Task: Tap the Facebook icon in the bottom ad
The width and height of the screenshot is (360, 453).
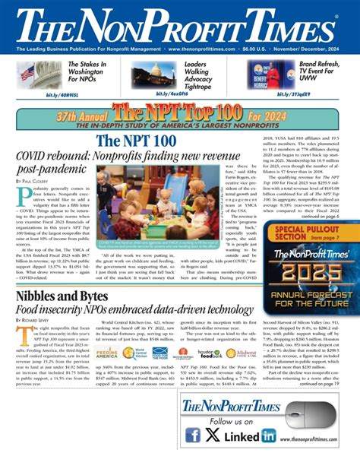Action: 194,436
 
